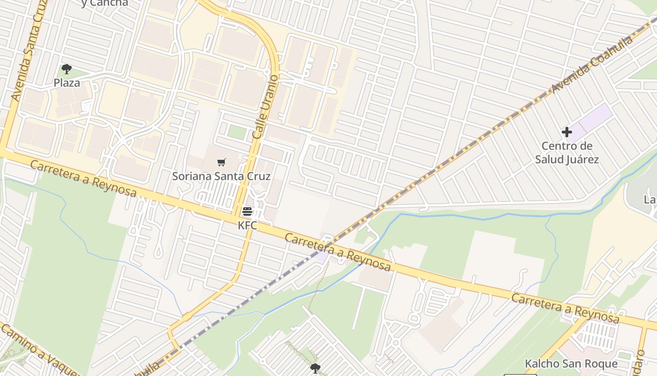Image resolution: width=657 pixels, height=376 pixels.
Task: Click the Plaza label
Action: click(67, 83)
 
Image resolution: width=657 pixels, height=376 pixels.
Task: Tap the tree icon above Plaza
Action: click(67, 70)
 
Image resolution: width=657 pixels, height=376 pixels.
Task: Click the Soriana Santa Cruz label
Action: click(222, 176)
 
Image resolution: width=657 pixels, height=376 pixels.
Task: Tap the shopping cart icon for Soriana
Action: click(222, 163)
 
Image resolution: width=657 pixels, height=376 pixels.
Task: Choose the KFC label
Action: click(247, 226)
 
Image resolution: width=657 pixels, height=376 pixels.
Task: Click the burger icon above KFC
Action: click(247, 211)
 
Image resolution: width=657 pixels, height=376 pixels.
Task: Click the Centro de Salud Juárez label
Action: click(567, 153)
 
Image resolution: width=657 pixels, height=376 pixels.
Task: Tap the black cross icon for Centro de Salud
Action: click(567, 133)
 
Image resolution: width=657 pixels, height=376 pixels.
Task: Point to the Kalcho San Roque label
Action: click(571, 364)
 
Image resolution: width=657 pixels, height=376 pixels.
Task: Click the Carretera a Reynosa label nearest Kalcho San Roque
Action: click(565, 308)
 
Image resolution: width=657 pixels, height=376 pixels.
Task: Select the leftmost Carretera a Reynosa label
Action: click(84, 178)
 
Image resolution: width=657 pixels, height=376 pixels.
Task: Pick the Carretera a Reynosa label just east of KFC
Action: click(338, 251)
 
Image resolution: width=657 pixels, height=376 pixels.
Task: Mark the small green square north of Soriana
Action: click(237, 132)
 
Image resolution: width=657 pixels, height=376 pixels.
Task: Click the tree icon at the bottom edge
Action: click(315, 368)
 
